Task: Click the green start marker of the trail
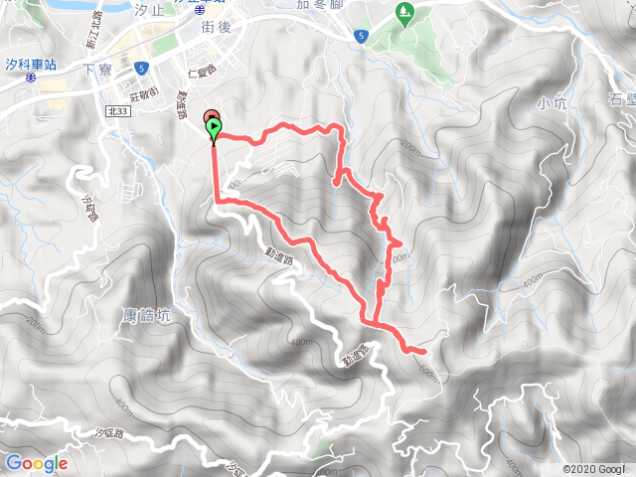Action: pyautogui.click(x=214, y=127)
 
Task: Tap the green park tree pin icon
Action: pyautogui.click(x=403, y=14)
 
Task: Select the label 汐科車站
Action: pyautogui.click(x=29, y=63)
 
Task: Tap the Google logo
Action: pyautogui.click(x=36, y=463)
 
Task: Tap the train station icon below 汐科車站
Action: pyautogui.click(x=31, y=77)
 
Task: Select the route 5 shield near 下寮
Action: pyautogui.click(x=143, y=68)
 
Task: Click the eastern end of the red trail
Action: pyautogui.click(x=424, y=351)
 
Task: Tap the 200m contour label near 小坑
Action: pyautogui.click(x=410, y=146)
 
